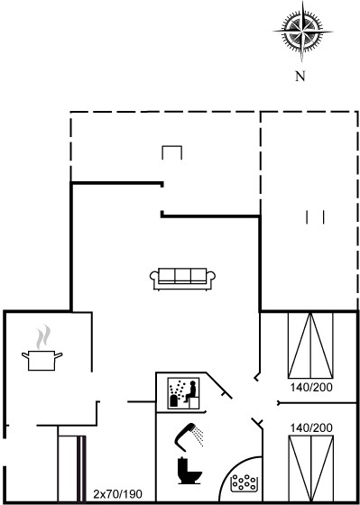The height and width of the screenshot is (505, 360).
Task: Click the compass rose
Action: tap(302, 32)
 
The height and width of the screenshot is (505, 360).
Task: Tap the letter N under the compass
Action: tap(300, 77)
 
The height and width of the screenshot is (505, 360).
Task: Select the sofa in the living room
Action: tap(182, 280)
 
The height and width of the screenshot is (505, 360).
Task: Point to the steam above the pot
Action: tap(43, 337)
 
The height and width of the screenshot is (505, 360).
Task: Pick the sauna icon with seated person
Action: tap(183, 393)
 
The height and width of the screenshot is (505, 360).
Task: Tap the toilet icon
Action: tap(189, 471)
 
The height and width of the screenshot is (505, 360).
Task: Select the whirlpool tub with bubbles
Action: tap(244, 482)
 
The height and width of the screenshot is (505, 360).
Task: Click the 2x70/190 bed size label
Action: tap(117, 494)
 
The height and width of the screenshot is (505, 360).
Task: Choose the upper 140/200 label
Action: tap(311, 387)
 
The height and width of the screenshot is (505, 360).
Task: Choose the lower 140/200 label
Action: tap(311, 428)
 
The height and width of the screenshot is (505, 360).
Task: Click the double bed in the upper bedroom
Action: tap(310, 344)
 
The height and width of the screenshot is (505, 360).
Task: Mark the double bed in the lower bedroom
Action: tap(310, 469)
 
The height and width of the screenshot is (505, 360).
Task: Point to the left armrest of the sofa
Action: tap(154, 276)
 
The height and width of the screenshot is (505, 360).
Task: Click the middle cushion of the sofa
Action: tap(182, 275)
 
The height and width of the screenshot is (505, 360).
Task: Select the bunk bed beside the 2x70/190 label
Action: tap(72, 469)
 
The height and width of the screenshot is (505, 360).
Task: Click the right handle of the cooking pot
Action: tap(59, 355)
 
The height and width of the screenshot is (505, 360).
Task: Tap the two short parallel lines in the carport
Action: tap(315, 217)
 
